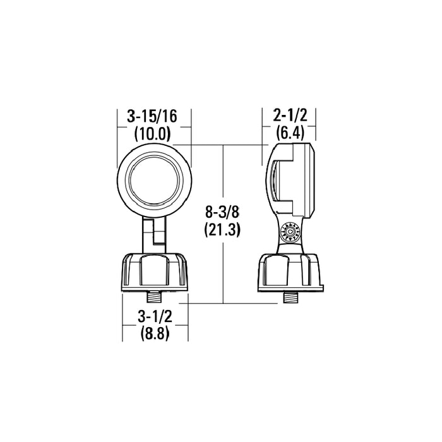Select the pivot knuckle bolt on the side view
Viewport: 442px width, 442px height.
pos(290,234)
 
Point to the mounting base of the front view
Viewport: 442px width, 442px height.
pos(154,272)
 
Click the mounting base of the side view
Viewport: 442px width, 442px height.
pos(291,272)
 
